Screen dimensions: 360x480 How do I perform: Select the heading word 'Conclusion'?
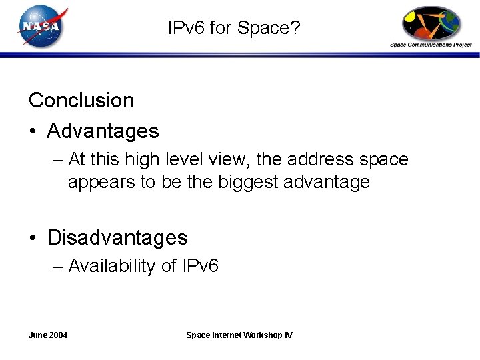81,100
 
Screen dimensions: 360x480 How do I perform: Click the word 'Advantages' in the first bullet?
103,131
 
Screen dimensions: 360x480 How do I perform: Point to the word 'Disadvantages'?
117,237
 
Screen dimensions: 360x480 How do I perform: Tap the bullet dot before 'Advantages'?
33,131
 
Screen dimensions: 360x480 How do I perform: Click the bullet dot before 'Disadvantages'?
33,238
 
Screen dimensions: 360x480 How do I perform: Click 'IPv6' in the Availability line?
198,266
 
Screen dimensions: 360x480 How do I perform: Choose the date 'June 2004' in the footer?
48,335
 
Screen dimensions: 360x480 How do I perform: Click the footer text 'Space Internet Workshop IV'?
239,335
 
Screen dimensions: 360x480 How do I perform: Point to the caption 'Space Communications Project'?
431,45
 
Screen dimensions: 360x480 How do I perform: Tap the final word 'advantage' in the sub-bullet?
328,182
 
